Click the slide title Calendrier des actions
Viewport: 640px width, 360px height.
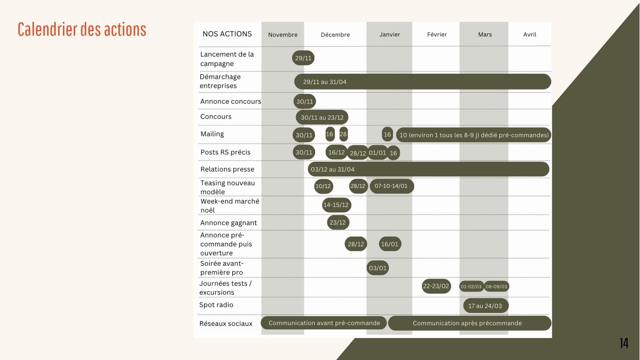(x=82, y=29)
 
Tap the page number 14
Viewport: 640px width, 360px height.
(x=624, y=343)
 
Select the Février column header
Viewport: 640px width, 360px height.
(x=437, y=34)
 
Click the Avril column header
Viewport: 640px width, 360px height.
(x=530, y=34)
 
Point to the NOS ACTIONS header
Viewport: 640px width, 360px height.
(x=227, y=34)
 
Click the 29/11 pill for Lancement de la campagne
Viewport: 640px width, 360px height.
(x=303, y=58)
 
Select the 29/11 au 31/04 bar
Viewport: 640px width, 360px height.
(x=422, y=82)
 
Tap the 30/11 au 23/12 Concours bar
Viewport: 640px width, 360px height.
(x=322, y=117)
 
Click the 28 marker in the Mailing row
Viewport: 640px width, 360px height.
(x=343, y=134)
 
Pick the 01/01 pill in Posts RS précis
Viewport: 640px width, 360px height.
(x=377, y=153)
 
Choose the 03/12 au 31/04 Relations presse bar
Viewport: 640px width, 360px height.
(x=428, y=169)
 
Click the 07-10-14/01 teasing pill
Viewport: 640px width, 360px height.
(x=391, y=186)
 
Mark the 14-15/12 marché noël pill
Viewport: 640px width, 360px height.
(x=336, y=205)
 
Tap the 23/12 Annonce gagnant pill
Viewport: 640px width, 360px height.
(x=338, y=223)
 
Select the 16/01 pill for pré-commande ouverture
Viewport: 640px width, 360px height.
(x=390, y=244)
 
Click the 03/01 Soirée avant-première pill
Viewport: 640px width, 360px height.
(x=378, y=268)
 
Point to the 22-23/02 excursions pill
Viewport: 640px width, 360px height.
(x=436, y=286)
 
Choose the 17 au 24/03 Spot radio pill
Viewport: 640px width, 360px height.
(x=485, y=306)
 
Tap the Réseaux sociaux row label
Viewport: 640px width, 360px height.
(x=226, y=324)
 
